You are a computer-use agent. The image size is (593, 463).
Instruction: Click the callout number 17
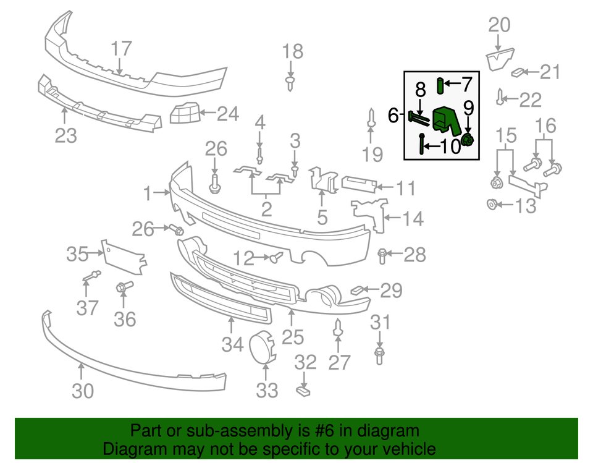pos(122,48)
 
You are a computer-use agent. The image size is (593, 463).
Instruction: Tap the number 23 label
pos(65,134)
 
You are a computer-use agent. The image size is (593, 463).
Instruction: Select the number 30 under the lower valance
pos(83,391)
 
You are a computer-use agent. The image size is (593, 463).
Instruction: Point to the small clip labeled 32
pos(302,390)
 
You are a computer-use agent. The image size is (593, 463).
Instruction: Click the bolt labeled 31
pos(379,355)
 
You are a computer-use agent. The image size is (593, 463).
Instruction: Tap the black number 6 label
pos(393,115)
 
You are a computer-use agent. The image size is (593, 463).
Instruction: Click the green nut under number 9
pos(468,141)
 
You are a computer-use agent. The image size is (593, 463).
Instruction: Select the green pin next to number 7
pos(440,84)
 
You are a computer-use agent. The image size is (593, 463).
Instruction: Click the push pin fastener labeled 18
pos(290,82)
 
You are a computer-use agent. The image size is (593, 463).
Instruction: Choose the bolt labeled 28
pos(382,253)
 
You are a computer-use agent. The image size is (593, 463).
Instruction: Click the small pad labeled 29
pos(358,289)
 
